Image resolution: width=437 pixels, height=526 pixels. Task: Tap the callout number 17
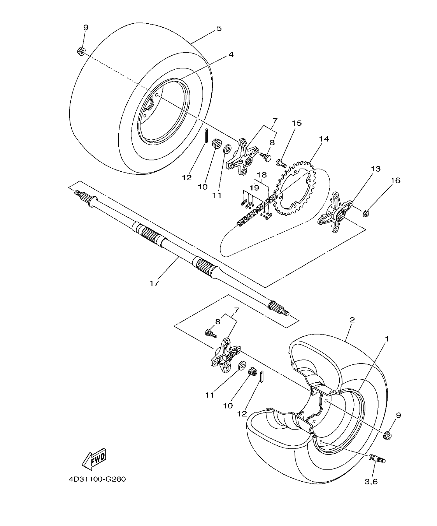click(154, 283)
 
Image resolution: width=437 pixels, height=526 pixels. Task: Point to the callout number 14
click(324, 139)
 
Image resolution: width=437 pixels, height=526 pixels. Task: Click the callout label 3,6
click(371, 482)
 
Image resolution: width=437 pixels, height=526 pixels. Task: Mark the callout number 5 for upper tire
click(219, 28)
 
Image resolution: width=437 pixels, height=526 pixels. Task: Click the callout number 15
click(297, 123)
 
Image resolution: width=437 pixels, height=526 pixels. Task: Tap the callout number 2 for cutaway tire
click(352, 320)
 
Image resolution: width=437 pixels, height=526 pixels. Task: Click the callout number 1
click(386, 339)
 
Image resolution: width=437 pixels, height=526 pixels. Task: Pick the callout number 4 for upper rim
click(231, 55)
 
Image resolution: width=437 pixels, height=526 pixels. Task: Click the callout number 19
click(254, 188)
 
